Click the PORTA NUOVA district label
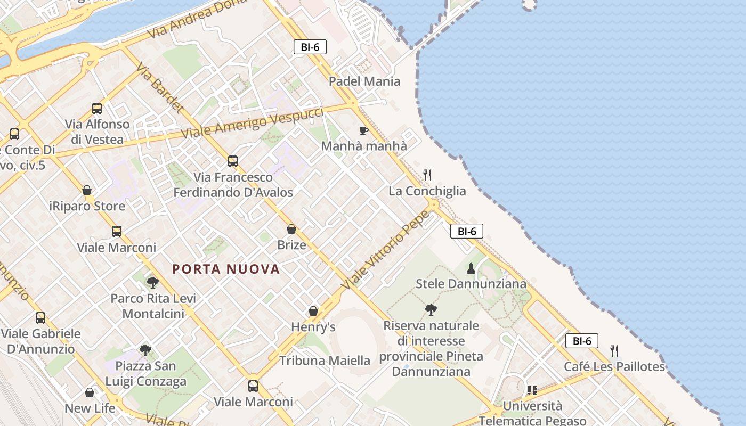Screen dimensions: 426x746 pos(226,269)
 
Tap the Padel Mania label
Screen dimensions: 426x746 pos(364,81)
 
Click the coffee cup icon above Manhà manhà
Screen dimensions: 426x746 pos(364,130)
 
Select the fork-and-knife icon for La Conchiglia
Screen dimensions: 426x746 pos(427,175)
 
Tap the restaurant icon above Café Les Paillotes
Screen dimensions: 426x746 pos(614,350)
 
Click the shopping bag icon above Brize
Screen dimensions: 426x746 pos(291,229)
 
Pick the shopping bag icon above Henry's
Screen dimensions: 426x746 pos(313,311)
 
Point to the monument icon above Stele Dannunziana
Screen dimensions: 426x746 pos(471,268)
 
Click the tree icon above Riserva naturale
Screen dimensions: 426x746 pos(431,309)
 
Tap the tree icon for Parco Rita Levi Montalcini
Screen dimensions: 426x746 pos(153,282)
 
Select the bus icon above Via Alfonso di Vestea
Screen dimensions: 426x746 pos(97,109)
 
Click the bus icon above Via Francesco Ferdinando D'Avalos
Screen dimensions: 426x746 pos(233,161)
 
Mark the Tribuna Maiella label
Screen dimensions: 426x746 pos(325,361)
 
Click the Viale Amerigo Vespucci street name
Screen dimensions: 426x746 pos(253,123)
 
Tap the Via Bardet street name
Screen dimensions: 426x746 pos(159,88)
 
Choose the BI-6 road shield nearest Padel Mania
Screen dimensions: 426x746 pos(310,47)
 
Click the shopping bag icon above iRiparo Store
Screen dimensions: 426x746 pos(87,190)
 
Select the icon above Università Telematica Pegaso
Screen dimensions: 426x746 pos(532,390)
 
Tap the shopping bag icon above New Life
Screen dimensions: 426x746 pos(90,392)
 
